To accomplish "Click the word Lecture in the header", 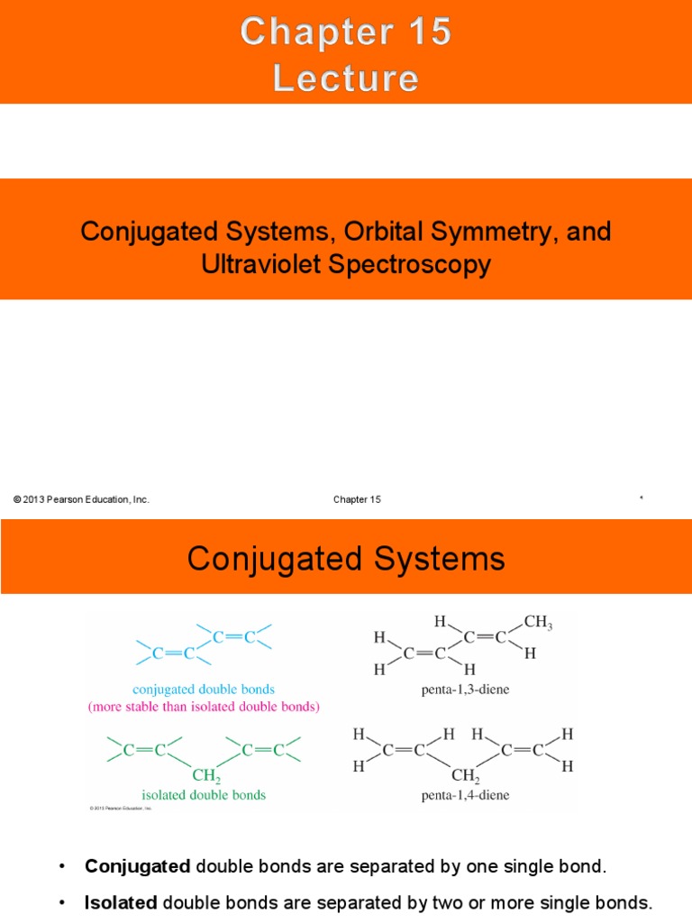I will click(346, 78).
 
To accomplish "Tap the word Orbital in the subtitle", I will click(394, 231).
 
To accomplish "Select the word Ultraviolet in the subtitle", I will click(271, 264).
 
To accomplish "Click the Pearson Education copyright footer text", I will click(81, 499).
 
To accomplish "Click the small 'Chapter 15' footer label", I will click(358, 499).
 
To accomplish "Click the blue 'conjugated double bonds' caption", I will click(204, 690).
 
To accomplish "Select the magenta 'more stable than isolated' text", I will click(204, 707).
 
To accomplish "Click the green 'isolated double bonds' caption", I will click(204, 795).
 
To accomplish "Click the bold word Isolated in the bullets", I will click(121, 902).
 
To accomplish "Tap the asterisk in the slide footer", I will click(641, 498).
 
